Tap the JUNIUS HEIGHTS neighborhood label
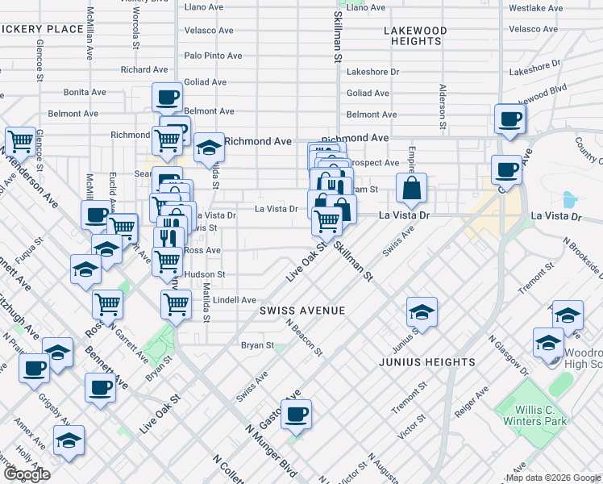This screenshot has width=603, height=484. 426,362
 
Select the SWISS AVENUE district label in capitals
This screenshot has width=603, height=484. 302,311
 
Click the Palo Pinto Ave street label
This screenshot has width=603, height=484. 213,56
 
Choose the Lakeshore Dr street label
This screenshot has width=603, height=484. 372,71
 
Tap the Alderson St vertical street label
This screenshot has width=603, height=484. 443,106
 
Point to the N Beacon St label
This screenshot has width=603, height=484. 304,336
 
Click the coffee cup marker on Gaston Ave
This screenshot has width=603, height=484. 297,415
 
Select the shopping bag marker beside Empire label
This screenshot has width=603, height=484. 411,190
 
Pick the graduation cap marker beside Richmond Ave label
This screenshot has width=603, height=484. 209,148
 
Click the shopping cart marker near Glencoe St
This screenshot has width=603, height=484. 21,142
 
